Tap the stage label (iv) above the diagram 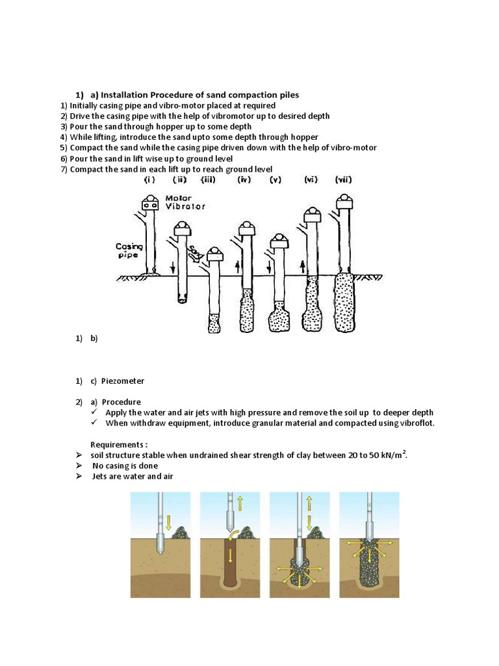tap(244, 180)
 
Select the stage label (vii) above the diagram tap(343, 180)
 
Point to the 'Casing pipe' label tap(129, 251)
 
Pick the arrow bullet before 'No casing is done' tap(79, 466)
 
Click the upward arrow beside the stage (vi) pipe tap(302, 265)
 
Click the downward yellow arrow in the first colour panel tap(170, 522)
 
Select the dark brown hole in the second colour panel tap(230, 563)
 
